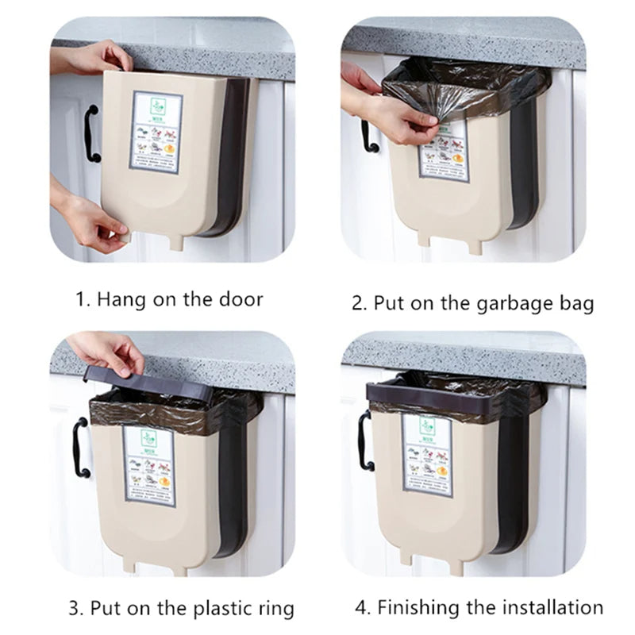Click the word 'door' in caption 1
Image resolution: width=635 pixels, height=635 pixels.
(x=236, y=299)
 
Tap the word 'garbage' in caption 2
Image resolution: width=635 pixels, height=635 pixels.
(x=502, y=303)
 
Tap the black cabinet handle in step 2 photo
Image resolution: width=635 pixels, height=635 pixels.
(x=368, y=135)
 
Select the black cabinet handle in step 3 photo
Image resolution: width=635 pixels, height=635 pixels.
(x=80, y=448)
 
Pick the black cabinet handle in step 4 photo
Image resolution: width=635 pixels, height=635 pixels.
(x=364, y=441)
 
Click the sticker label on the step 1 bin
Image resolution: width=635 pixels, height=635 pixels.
(x=156, y=133)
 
